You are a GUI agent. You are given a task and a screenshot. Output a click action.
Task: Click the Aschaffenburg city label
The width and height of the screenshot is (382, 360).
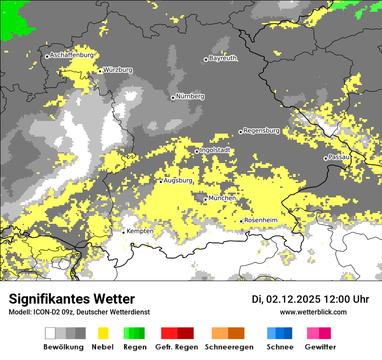pyautogui.click(x=72, y=56)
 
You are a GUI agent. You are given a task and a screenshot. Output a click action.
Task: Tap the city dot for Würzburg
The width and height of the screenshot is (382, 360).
pyautogui.click(x=100, y=71)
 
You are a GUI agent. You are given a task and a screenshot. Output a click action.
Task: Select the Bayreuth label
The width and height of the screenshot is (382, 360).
pyautogui.click(x=223, y=58)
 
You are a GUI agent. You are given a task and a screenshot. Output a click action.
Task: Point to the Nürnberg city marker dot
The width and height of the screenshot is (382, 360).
pyautogui.click(x=173, y=98)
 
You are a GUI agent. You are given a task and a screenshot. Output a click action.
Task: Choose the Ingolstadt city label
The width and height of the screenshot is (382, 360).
pyautogui.click(x=215, y=151)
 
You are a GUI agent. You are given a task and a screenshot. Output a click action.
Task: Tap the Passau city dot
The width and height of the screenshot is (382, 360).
pyautogui.click(x=326, y=158)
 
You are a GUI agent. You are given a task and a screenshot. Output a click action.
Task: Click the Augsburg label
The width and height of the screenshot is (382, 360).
pyautogui.click(x=178, y=180)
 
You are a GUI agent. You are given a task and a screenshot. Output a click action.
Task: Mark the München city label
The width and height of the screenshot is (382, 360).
pyautogui.click(x=222, y=198)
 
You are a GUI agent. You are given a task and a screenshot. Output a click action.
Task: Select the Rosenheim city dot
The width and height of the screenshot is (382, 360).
pyautogui.click(x=241, y=221)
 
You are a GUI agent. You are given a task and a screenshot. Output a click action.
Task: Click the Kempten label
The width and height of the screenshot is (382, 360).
pyautogui.click(x=140, y=231)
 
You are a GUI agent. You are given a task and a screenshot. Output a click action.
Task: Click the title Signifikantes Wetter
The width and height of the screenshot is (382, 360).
pyautogui.click(x=72, y=299)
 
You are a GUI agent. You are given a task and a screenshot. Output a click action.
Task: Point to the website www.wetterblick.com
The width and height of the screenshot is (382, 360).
pyautogui.click(x=313, y=312)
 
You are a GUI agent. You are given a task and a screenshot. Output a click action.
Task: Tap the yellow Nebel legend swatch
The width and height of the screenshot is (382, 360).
pyautogui.click(x=103, y=333)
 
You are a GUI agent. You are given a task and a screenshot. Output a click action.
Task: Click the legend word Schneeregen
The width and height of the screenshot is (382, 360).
pyautogui.click(x=229, y=347)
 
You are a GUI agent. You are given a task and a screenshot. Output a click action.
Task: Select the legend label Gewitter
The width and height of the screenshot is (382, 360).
pyautogui.click(x=320, y=347)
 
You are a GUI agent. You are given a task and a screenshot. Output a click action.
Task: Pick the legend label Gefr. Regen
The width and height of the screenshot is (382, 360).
pyautogui.click(x=177, y=347)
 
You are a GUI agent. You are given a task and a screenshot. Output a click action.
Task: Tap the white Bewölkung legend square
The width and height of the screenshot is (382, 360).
pyautogui.click(x=50, y=333)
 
